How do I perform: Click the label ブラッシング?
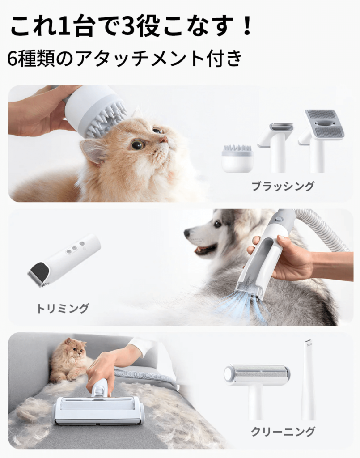[x=283, y=186]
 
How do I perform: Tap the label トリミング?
[x=63, y=308]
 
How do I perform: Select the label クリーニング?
[x=283, y=431]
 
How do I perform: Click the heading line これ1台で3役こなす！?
[x=131, y=26]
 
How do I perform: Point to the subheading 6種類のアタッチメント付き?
[x=125, y=59]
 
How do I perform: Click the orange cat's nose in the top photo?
[x=164, y=140]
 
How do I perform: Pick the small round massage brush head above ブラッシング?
[x=237, y=157]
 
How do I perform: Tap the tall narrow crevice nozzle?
[x=308, y=379]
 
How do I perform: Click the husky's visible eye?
[x=217, y=225]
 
